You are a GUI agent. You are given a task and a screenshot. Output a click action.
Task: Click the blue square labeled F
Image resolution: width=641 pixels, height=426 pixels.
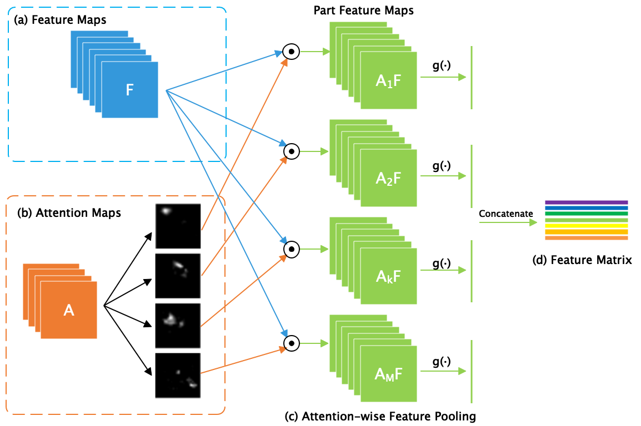point(129,90)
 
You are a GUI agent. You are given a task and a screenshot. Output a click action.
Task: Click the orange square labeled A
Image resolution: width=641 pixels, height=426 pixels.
point(69,310)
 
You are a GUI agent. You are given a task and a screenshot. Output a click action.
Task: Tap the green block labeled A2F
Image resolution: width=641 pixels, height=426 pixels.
point(388,178)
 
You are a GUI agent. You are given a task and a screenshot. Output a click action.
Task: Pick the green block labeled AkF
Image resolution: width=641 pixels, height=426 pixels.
point(388,276)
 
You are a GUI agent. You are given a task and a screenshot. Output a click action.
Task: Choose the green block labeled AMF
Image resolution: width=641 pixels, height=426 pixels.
point(388,374)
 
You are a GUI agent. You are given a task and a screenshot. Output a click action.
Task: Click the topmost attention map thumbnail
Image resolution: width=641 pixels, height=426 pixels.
point(178,226)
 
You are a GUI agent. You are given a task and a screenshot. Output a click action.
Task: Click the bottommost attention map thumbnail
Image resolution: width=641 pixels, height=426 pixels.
point(178,376)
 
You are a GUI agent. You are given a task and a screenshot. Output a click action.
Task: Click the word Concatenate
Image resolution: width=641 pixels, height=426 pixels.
point(506,214)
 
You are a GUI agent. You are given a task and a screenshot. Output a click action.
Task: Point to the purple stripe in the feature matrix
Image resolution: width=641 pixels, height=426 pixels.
point(586,202)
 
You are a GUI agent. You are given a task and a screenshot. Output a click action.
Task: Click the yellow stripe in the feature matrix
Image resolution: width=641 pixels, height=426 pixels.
point(586,226)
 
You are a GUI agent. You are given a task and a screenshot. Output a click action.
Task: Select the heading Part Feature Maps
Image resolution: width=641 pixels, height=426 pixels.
point(363,11)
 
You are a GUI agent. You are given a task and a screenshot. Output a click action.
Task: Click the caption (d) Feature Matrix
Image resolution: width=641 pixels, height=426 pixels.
point(591,260)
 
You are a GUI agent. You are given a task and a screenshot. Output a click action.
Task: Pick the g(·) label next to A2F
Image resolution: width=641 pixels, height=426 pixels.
point(442,166)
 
